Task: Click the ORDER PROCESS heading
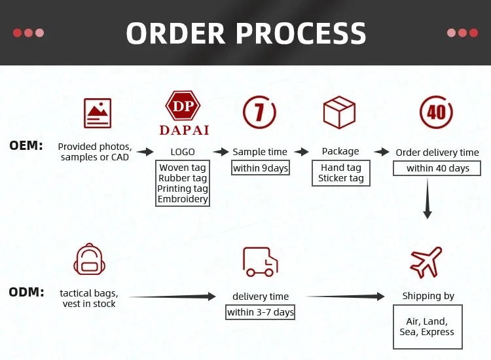245,33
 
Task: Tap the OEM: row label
26,145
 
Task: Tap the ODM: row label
26,291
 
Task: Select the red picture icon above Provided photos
98,113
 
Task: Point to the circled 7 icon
259,112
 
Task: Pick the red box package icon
339,112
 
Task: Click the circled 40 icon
436,112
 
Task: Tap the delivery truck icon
260,261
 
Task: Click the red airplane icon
426,262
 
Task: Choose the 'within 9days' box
261,168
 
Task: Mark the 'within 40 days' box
437,168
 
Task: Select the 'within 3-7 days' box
261,312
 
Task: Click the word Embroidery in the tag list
183,199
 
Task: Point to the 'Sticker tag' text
340,178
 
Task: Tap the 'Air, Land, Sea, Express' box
426,327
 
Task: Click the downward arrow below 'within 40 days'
427,200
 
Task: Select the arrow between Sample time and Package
301,152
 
